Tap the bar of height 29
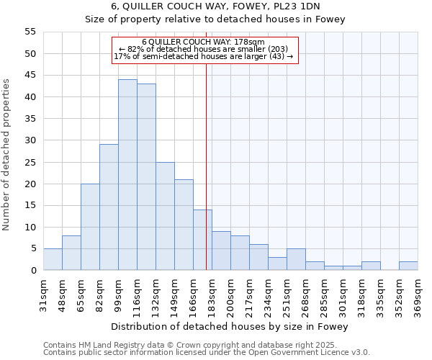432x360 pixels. click(x=109, y=207)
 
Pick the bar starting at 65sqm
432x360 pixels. click(x=90, y=227)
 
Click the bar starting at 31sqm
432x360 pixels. click(x=53, y=259)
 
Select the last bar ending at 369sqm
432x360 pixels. click(x=408, y=266)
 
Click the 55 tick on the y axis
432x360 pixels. click(x=30, y=32)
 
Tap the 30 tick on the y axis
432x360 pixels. click(x=30, y=140)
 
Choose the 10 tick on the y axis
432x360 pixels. click(x=30, y=227)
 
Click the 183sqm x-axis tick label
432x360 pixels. click(x=212, y=294)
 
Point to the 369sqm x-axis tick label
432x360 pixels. click(x=418, y=294)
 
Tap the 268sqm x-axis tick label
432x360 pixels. click(x=305, y=294)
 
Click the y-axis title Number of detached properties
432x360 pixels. click(x=6, y=155)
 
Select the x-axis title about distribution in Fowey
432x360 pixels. click(x=230, y=327)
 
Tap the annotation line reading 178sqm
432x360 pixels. click(x=204, y=42)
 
